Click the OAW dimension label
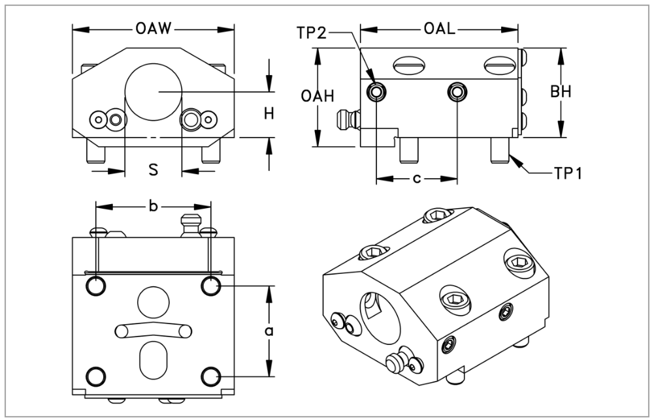coord(154,29)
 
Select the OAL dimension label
coord(440,29)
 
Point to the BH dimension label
coord(561,92)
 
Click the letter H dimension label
coord(269,113)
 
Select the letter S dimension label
coord(153,170)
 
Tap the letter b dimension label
coord(153,207)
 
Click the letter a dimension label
coord(269,331)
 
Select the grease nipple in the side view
coord(346,119)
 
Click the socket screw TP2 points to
coord(376,92)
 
